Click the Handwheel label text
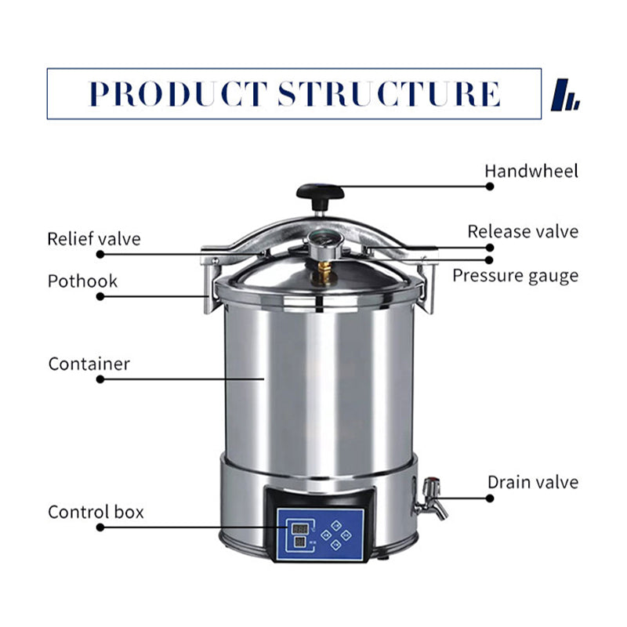click(531, 171)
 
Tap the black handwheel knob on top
click(320, 191)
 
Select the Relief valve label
click(94, 238)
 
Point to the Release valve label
click(523, 231)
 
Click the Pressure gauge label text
click(515, 275)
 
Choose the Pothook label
click(82, 281)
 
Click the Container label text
click(89, 364)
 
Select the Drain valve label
click(533, 481)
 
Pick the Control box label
click(96, 512)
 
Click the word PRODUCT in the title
click(178, 93)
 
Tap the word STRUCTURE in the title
click(390, 93)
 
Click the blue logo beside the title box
click(565, 95)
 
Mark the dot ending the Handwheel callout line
click(490, 187)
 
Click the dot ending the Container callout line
click(100, 379)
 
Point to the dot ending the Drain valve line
click(490, 497)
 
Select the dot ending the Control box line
click(100, 527)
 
